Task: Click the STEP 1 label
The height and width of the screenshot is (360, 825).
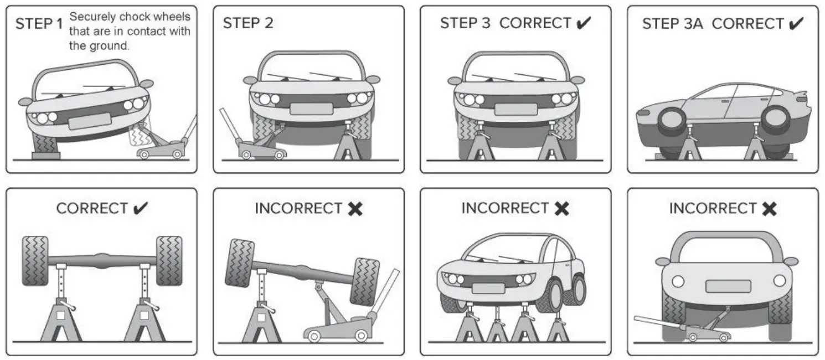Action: point(39,24)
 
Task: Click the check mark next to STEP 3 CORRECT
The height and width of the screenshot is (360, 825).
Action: point(584,23)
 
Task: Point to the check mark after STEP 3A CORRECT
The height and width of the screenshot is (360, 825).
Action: point(796,24)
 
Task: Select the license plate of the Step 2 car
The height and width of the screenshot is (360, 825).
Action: point(311,108)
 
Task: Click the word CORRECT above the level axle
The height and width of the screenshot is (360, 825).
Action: point(92,209)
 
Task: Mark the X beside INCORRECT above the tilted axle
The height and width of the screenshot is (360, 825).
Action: point(355,209)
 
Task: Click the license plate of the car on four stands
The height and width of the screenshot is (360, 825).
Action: point(488,288)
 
